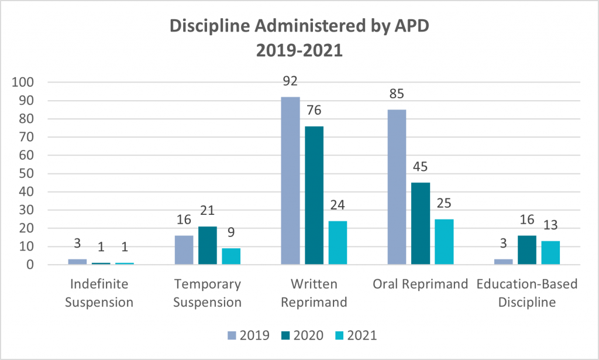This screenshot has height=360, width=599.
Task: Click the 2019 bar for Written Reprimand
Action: [290, 181]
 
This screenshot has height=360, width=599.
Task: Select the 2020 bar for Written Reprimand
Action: [314, 196]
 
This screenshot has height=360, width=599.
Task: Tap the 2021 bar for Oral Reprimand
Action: [445, 242]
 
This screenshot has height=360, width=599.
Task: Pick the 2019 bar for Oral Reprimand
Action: [397, 187]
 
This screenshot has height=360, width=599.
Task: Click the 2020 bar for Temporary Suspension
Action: [208, 245]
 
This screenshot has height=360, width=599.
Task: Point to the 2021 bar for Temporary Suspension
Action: [231, 256]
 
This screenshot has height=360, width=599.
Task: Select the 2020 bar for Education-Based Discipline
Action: [527, 250]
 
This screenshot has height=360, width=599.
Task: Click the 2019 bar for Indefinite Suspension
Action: [77, 262]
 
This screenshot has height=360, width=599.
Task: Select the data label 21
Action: [208, 214]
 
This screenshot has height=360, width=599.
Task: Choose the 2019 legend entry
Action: [248, 335]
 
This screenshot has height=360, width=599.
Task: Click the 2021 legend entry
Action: [355, 335]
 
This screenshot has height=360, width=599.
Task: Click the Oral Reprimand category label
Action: [421, 284]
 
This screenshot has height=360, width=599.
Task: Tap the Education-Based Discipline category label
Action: [527, 293]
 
